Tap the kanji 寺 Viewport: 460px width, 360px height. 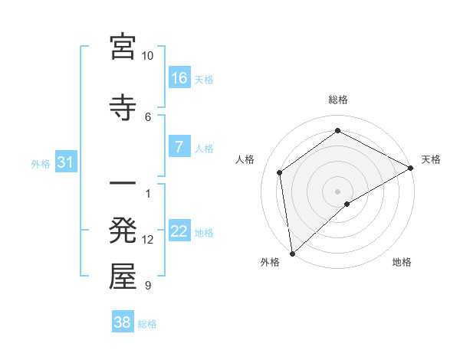tap(123, 106)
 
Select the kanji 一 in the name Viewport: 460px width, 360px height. tap(123, 185)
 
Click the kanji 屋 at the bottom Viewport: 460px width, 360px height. tap(123, 277)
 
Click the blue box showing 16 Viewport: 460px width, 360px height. tap(179, 78)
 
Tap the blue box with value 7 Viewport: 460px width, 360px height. tap(179, 147)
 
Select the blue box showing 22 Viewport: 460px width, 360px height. tap(179, 232)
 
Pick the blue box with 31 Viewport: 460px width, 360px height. tap(66, 162)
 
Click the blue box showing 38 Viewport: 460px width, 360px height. tap(123, 322)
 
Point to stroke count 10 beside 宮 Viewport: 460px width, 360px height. tap(148, 56)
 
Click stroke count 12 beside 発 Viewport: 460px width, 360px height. tap(148, 240)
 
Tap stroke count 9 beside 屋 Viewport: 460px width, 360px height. tap(148, 286)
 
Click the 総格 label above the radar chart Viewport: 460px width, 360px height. tap(338, 100)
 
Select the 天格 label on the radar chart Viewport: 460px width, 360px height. tap(431, 159)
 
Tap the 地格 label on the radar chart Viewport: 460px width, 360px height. tap(402, 262)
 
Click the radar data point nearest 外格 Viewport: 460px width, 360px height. tap(292, 254)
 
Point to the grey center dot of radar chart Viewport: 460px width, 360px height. tap(337, 191)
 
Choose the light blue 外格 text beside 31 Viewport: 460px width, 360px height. tap(41, 163)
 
